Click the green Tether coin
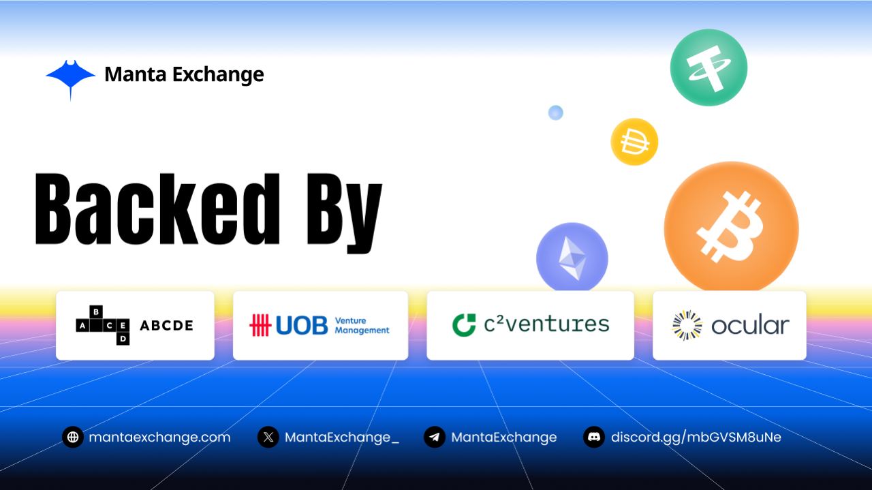(708, 67)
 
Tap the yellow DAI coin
(634, 142)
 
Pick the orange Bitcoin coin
(731, 227)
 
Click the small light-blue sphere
(555, 112)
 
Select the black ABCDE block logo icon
(103, 325)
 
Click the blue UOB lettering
(302, 326)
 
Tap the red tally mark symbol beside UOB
(260, 326)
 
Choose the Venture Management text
(362, 326)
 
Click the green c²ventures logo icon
(464, 324)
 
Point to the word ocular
(750, 325)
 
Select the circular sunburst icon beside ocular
(687, 325)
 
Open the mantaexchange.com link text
(159, 438)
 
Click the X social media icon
(268, 437)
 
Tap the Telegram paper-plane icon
(435, 437)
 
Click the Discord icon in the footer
(594, 437)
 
